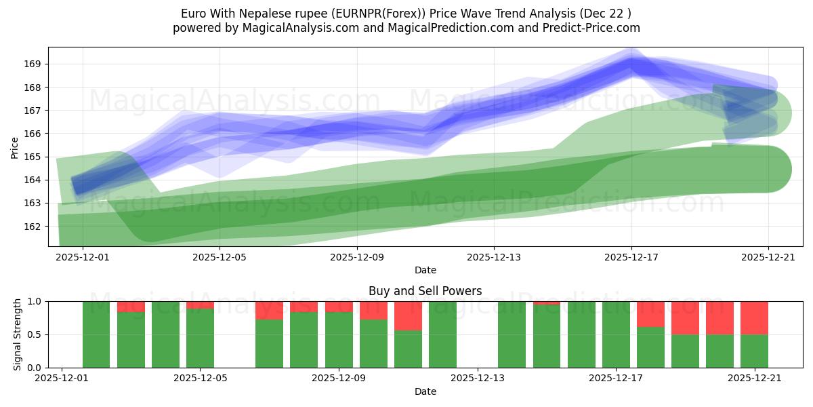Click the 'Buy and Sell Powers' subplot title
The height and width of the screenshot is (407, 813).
click(x=425, y=291)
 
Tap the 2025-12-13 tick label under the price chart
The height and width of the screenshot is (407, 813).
click(x=494, y=257)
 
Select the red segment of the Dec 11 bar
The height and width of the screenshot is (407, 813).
click(x=408, y=315)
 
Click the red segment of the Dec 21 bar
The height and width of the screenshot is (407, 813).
click(x=754, y=317)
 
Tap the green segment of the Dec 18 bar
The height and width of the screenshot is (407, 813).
click(x=650, y=347)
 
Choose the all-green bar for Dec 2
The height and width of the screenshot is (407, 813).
click(x=96, y=334)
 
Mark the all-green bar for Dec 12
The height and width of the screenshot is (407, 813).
click(x=442, y=334)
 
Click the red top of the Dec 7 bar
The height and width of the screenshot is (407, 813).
click(x=270, y=310)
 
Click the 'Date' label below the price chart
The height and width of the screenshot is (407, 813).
click(x=425, y=270)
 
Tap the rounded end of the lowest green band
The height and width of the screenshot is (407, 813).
click(x=772, y=169)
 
